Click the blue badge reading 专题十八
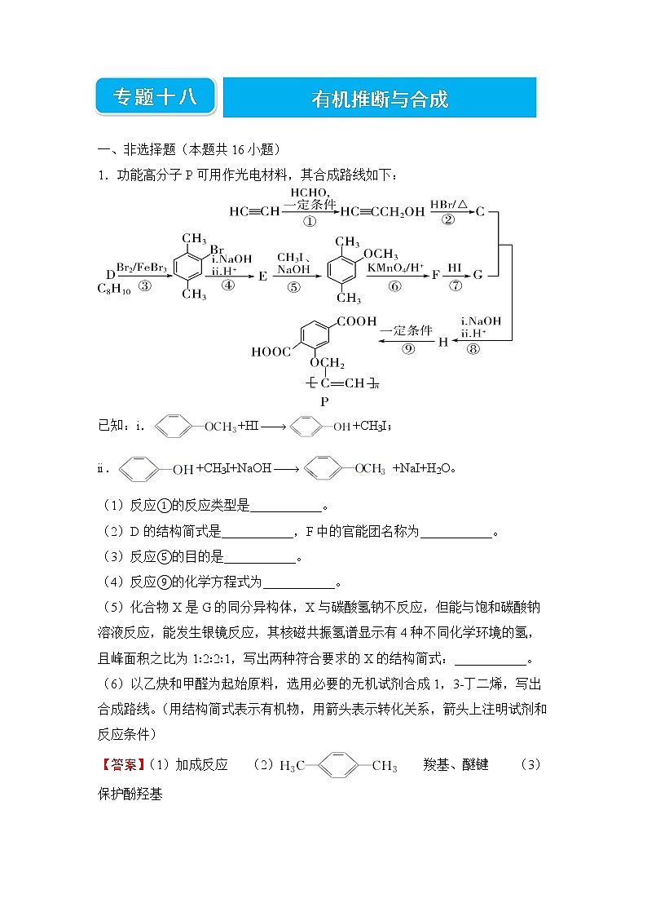tap(155, 97)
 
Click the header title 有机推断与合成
tap(380, 99)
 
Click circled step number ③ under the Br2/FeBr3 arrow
tap(145, 285)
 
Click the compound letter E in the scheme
tap(262, 276)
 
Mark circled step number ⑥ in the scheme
tap(395, 285)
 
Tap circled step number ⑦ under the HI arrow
tap(455, 285)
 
